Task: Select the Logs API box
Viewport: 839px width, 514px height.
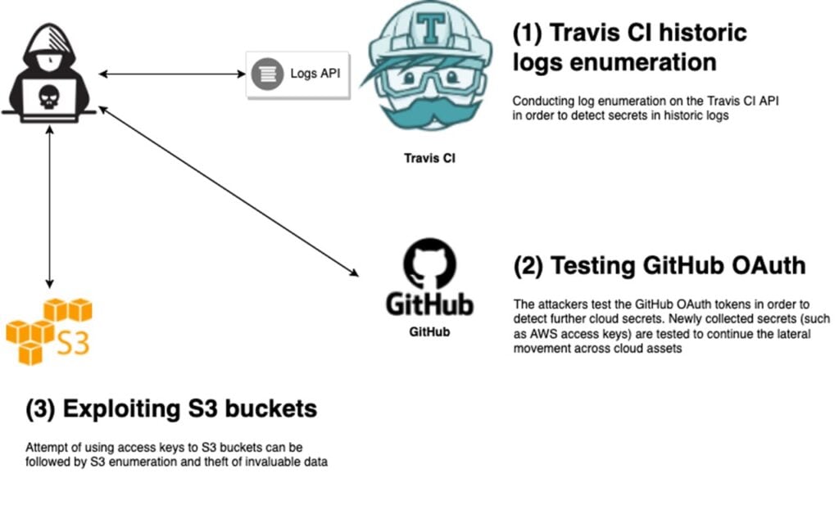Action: (x=298, y=74)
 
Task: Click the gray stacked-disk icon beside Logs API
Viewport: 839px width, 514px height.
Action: (x=265, y=74)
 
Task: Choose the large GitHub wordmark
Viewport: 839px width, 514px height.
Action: (x=429, y=305)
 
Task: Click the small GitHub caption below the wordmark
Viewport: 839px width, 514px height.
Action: (x=429, y=333)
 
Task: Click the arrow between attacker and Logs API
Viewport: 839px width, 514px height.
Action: (x=172, y=74)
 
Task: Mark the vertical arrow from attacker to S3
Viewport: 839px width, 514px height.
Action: (x=50, y=205)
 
